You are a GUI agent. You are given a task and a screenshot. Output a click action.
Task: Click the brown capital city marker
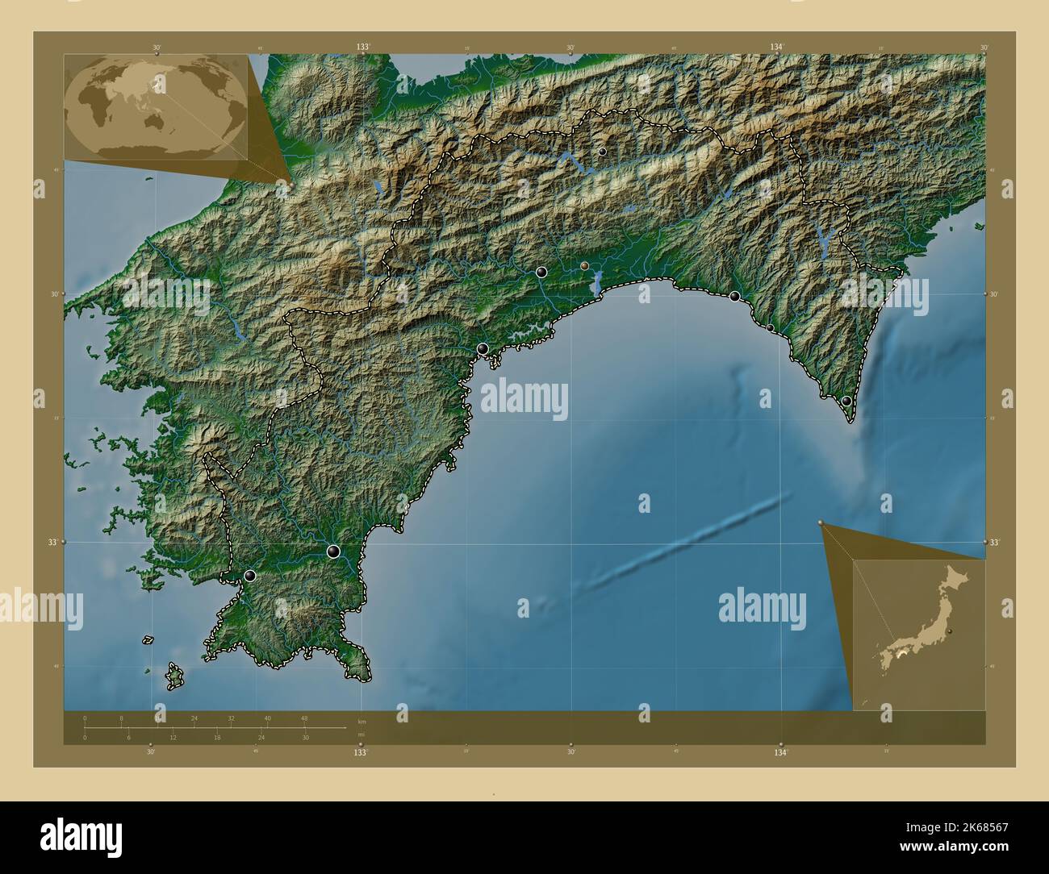584,264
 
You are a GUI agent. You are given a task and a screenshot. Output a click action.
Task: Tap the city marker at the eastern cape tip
846,401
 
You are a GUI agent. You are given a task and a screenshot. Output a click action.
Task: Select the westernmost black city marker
250,576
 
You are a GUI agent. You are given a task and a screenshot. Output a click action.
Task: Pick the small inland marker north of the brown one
602,152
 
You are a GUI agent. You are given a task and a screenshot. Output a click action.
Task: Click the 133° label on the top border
363,48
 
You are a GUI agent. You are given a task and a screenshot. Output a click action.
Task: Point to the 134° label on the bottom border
779,752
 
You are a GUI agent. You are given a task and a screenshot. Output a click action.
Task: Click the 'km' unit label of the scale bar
362,722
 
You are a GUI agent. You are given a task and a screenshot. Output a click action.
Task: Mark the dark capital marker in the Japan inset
951,631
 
